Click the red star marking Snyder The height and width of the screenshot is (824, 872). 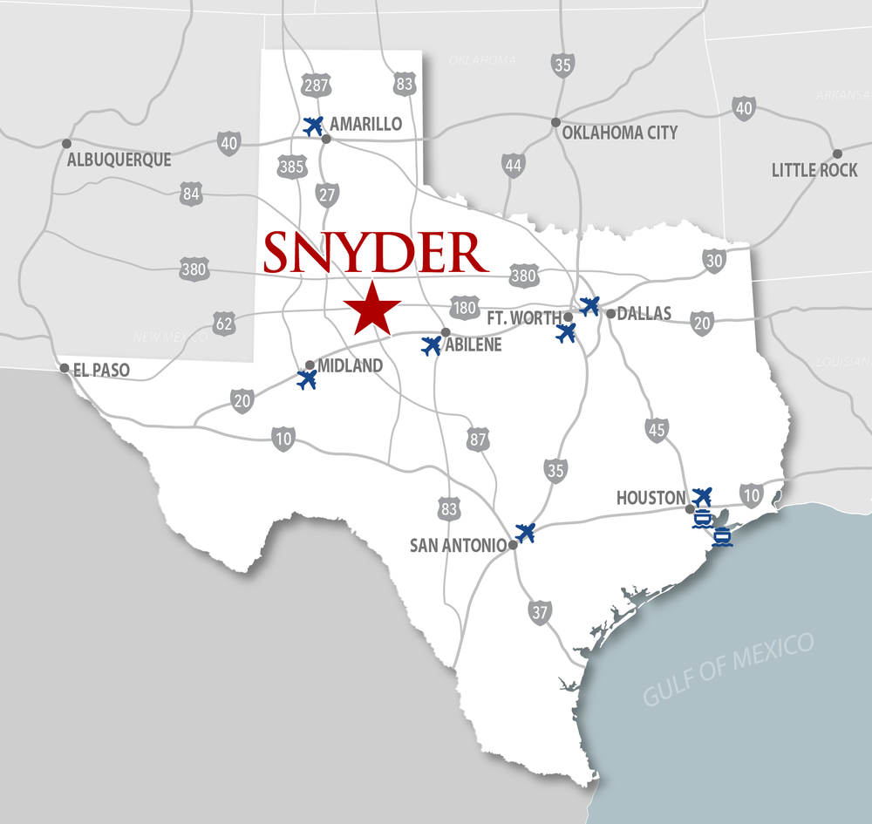click(x=372, y=307)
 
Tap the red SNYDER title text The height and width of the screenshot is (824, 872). click(x=375, y=253)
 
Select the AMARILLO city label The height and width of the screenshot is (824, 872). click(x=366, y=124)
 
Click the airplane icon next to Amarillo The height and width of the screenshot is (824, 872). click(x=312, y=126)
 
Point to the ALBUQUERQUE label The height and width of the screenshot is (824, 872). click(x=120, y=160)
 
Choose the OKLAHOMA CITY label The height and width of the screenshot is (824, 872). click(x=619, y=133)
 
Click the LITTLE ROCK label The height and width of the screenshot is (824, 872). click(x=814, y=170)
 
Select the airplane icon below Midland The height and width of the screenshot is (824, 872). click(x=306, y=380)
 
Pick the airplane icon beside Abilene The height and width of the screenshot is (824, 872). click(x=431, y=346)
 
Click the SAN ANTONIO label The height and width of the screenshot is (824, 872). click(x=458, y=546)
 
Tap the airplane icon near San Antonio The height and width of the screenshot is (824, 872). click(x=525, y=532)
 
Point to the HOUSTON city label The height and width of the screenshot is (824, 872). click(x=651, y=498)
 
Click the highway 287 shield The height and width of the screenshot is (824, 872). click(x=316, y=85)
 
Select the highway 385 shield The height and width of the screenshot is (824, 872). click(x=291, y=165)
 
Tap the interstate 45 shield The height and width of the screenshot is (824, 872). click(x=657, y=429)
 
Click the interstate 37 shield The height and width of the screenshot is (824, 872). click(x=540, y=611)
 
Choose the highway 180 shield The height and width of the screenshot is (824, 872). click(x=464, y=307)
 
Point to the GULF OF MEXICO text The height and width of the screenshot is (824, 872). click(x=728, y=670)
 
